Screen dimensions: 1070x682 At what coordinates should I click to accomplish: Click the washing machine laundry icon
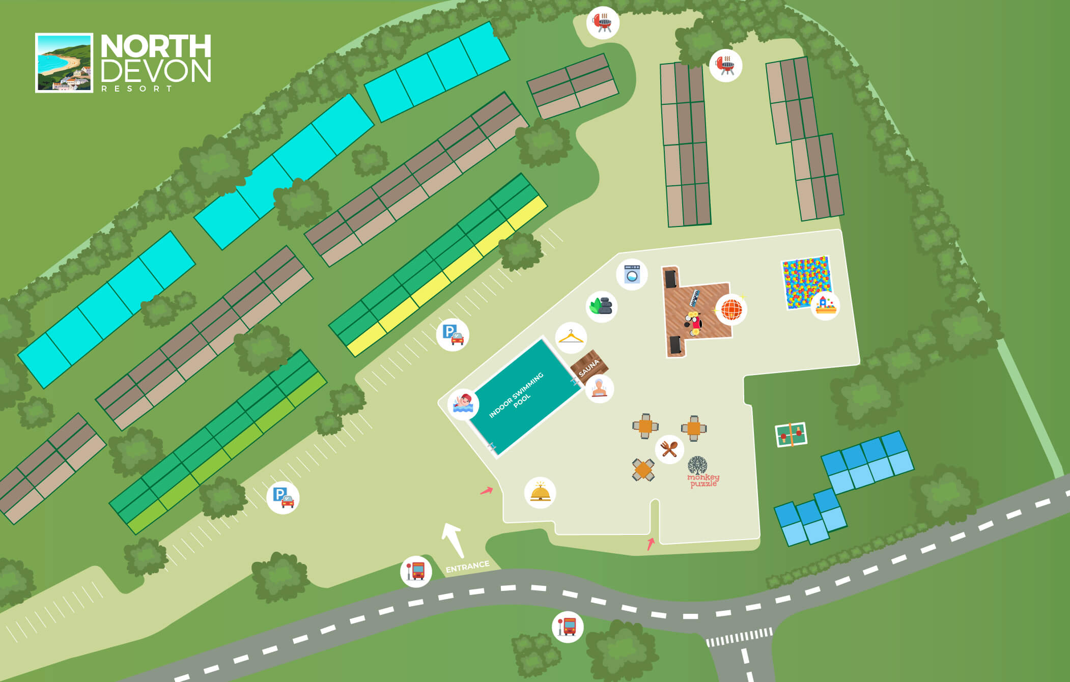point(632,274)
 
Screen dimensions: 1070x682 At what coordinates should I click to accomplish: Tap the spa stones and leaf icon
point(602,306)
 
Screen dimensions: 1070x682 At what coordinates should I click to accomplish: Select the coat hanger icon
point(571,337)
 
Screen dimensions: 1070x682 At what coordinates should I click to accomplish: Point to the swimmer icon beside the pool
point(463,404)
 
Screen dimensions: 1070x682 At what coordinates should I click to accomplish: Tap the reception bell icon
point(540,493)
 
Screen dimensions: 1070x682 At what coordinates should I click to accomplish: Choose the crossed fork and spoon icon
point(669,449)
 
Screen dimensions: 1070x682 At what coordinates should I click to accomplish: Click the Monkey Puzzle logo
point(702,472)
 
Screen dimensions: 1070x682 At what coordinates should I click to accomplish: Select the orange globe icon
point(731,309)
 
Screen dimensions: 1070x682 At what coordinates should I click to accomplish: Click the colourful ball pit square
point(805,281)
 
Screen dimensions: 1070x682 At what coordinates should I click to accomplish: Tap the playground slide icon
point(825,305)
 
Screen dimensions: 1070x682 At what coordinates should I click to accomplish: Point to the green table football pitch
point(791,435)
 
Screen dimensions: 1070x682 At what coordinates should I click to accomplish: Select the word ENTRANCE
point(467,566)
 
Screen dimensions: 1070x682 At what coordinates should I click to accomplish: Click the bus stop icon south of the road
point(567,627)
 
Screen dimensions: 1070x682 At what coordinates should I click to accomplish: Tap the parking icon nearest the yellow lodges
point(453,334)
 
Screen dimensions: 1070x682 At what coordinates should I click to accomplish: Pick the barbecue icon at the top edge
point(603,22)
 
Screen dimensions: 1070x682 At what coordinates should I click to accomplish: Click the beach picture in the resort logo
point(64,63)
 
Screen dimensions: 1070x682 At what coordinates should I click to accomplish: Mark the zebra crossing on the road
point(739,637)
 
